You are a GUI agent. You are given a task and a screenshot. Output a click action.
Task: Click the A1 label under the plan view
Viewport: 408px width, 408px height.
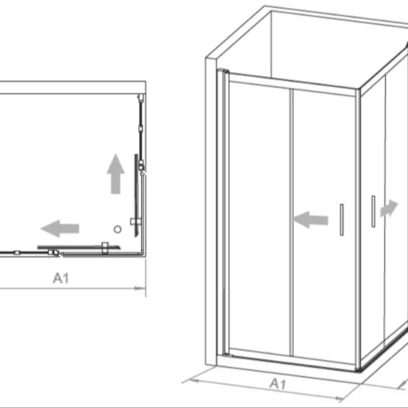[x=61, y=278]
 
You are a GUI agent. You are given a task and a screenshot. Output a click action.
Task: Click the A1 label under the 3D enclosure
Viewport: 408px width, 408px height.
[x=278, y=384]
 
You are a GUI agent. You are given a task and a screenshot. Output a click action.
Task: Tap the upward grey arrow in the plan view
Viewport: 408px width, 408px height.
[x=115, y=174]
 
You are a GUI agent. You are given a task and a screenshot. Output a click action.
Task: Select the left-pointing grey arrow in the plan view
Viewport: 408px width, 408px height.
[x=60, y=228]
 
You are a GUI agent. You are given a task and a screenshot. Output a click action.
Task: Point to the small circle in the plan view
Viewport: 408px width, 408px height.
[x=118, y=229]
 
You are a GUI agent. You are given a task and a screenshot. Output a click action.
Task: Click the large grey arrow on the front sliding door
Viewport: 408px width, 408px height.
[x=310, y=220]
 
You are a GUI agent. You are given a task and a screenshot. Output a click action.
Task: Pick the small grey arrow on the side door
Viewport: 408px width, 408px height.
[x=389, y=208]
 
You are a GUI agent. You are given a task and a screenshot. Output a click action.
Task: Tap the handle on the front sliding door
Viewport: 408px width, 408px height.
[x=341, y=220]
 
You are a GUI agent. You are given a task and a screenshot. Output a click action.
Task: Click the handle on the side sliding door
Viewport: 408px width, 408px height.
[x=373, y=211]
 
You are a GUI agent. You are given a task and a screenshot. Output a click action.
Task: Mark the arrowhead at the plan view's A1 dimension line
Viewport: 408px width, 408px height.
[x=140, y=288]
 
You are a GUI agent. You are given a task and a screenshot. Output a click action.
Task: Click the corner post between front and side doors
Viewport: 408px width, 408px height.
[x=358, y=230]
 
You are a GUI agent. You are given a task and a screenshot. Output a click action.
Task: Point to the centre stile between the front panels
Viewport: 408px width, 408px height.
[x=292, y=223]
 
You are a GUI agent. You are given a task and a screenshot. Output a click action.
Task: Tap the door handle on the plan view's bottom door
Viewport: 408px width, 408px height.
[x=105, y=247]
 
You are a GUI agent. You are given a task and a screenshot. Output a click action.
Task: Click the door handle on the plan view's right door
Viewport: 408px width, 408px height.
[x=135, y=221]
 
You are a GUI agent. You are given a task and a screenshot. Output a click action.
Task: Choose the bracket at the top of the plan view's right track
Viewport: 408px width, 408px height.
[x=141, y=98]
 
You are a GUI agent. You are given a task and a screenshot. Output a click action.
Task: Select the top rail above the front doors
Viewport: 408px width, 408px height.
[x=292, y=84]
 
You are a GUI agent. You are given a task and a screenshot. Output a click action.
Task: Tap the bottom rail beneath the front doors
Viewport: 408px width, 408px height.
[x=293, y=358]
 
